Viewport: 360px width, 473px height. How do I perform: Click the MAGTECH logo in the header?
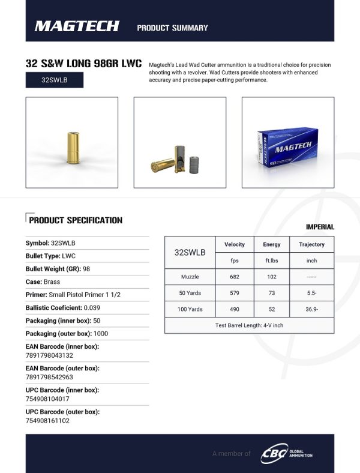[76, 26]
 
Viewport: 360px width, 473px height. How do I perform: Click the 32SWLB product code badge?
[55, 80]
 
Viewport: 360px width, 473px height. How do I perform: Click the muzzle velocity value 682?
[234, 277]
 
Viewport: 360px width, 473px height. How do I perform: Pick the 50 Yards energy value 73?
[271, 293]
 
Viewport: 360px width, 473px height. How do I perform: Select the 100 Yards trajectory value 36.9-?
[311, 309]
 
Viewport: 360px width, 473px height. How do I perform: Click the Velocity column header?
[234, 245]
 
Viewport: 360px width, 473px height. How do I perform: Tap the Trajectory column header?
[311, 245]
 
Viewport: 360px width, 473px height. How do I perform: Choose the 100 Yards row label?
[190, 309]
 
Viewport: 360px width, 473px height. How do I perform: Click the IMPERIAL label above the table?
[320, 227]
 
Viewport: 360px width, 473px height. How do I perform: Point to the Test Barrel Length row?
[249, 325]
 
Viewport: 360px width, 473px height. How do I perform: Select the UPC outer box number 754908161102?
[47, 421]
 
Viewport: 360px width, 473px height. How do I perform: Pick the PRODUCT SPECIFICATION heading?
[76, 220]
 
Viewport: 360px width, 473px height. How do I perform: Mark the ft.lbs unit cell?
[271, 261]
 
